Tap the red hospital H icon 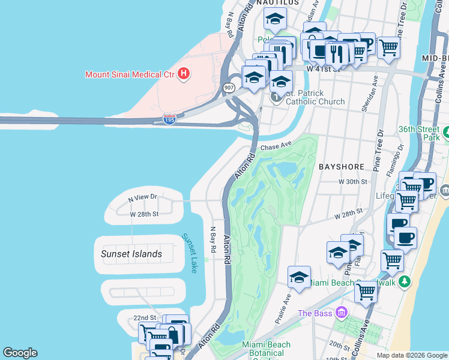click(184, 74)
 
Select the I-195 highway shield click(169, 120)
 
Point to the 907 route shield click(228, 88)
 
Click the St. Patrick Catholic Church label click(315, 97)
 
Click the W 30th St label click(352, 181)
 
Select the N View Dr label click(142, 197)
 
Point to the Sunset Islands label click(131, 254)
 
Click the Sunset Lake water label click(190, 253)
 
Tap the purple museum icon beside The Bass click(342, 313)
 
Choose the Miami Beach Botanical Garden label click(266, 349)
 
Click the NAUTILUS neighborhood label click(277, 3)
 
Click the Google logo click(20, 353)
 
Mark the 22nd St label click(145, 317)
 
